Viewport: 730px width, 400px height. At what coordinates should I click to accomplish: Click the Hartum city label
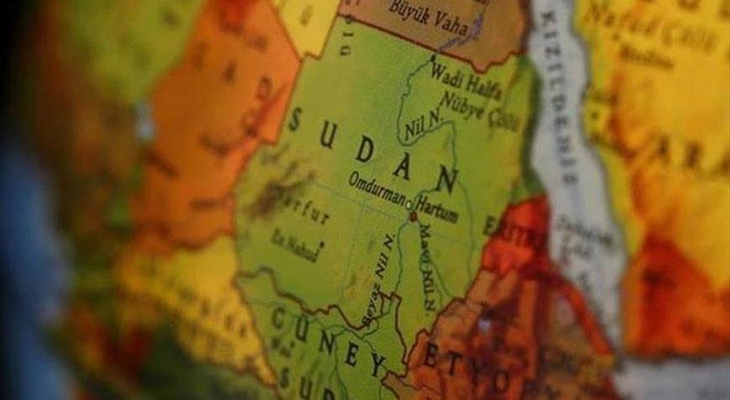437,215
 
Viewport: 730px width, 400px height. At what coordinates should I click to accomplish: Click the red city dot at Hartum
413,216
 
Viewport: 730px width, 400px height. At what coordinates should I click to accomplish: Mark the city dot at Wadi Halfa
434,57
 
